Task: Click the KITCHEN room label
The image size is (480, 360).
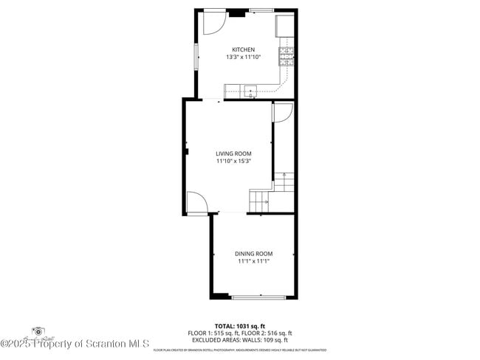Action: [x=243, y=49]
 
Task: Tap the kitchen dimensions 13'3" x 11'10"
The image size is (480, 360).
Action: [x=243, y=57]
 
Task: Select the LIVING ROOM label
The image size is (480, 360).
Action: [x=233, y=153]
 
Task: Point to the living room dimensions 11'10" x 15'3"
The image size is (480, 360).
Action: [x=233, y=161]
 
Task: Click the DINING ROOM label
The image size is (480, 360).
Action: [x=254, y=254]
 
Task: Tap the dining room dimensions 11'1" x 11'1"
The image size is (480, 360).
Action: [x=254, y=261]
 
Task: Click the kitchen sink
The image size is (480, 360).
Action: [x=251, y=91]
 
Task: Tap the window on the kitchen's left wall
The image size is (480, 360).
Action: [x=196, y=58]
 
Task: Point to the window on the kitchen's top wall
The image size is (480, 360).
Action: [x=261, y=10]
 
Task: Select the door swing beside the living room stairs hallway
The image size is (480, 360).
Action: [x=283, y=112]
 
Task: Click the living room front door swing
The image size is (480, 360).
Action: [x=196, y=202]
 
